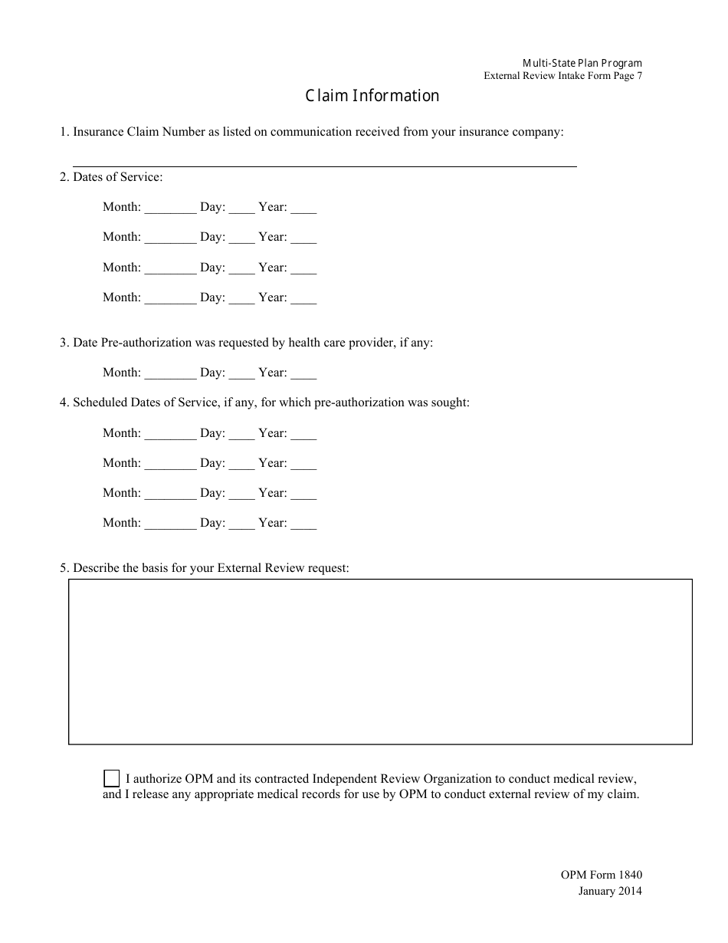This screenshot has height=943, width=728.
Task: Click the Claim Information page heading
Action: click(x=372, y=96)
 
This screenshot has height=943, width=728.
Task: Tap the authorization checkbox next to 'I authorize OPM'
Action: click(x=111, y=778)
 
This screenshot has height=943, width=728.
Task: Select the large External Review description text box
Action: click(x=380, y=661)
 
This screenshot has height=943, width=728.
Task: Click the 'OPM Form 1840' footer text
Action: click(x=601, y=875)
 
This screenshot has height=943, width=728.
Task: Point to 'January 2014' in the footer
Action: click(x=610, y=891)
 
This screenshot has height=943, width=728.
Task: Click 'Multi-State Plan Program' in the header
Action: click(x=582, y=63)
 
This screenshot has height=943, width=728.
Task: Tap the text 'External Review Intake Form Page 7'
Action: click(x=563, y=76)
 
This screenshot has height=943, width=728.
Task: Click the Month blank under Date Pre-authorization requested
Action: click(x=170, y=373)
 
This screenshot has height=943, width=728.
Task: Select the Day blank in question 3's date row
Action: click(x=241, y=373)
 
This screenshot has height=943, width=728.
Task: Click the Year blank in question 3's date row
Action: click(x=303, y=373)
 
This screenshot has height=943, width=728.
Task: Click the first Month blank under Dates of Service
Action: click(x=170, y=208)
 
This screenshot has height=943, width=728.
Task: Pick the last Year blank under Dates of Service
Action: click(x=303, y=298)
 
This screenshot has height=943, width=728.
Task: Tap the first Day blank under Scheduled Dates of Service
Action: click(x=241, y=434)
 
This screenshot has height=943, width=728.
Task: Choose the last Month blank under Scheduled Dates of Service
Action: click(x=170, y=524)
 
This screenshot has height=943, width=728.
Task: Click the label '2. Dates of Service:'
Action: click(x=111, y=177)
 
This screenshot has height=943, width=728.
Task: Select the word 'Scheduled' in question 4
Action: click(x=100, y=402)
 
